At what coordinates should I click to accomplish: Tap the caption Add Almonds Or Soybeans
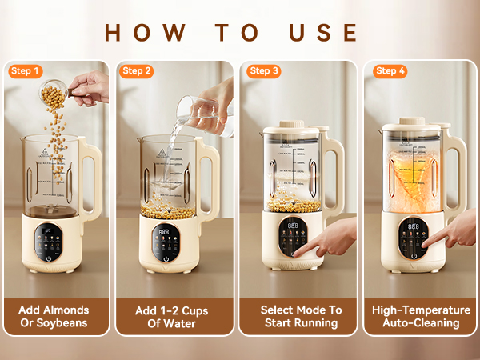(x=54, y=316)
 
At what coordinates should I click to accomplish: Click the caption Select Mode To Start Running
(x=301, y=316)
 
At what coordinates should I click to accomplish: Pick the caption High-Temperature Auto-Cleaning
(x=422, y=316)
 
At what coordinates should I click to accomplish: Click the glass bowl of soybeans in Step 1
(x=54, y=96)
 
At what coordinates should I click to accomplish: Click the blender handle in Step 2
(x=208, y=180)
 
